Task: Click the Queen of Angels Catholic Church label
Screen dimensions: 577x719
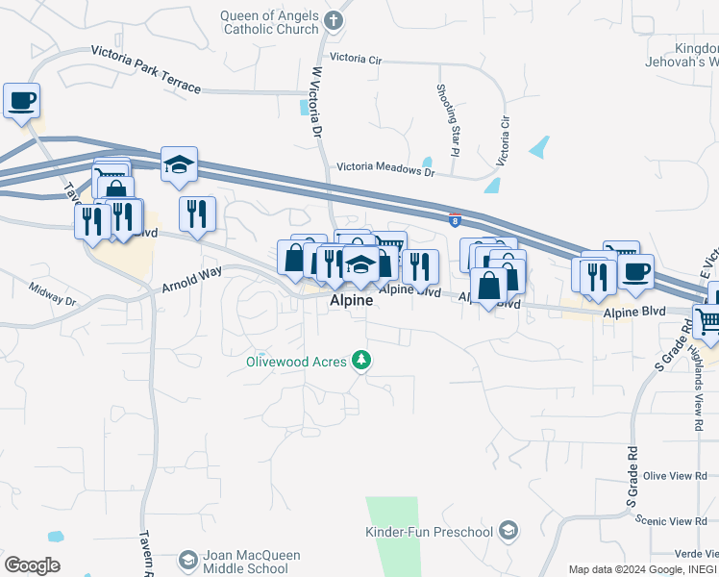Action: coord(269,22)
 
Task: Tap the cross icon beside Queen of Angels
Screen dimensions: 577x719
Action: coord(334,19)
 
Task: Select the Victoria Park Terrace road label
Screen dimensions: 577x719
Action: coord(146,69)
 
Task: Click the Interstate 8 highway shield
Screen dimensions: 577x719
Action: coord(454,219)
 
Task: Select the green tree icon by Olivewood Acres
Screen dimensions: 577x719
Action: coord(362,361)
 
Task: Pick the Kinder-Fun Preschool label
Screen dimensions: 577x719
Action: coord(429,532)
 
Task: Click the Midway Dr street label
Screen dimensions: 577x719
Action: coord(52,293)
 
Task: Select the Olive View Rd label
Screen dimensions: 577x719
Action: coord(675,476)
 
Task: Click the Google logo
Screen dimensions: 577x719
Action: coord(32,565)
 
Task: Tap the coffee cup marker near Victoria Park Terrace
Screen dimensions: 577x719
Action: coord(21,100)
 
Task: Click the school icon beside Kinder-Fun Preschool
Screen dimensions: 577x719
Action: coord(508,531)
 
